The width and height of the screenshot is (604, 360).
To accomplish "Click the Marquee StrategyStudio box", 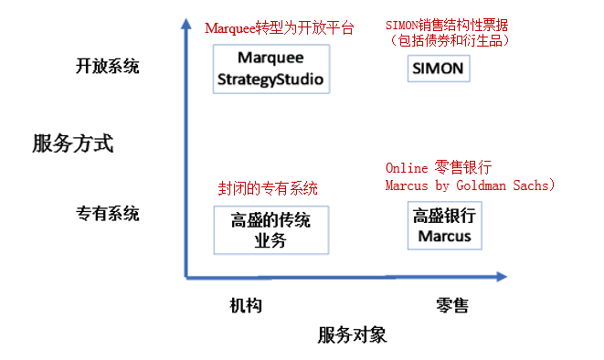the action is click(270, 69).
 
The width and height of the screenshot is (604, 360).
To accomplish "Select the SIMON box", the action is click(438, 69).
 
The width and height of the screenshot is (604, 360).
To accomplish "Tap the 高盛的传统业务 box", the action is click(270, 230).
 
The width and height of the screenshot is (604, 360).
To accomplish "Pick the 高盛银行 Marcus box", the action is click(444, 226).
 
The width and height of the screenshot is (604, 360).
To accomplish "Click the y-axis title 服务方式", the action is click(72, 143).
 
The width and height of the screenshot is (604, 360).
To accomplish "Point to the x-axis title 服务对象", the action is click(353, 335).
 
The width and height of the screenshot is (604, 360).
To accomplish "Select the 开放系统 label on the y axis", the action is click(108, 66).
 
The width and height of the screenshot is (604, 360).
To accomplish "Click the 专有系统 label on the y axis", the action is click(108, 214).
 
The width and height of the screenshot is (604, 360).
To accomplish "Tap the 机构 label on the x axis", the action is click(246, 305).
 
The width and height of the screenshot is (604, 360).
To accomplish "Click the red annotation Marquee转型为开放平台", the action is click(279, 27).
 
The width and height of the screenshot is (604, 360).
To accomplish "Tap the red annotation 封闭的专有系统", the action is click(268, 188).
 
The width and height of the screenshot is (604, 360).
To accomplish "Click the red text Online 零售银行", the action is click(439, 168).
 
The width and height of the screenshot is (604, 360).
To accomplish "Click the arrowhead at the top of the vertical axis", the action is click(185, 24).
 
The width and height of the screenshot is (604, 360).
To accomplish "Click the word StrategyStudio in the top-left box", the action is click(270, 79).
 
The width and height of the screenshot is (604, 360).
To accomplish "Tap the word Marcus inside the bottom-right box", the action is click(444, 236).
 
